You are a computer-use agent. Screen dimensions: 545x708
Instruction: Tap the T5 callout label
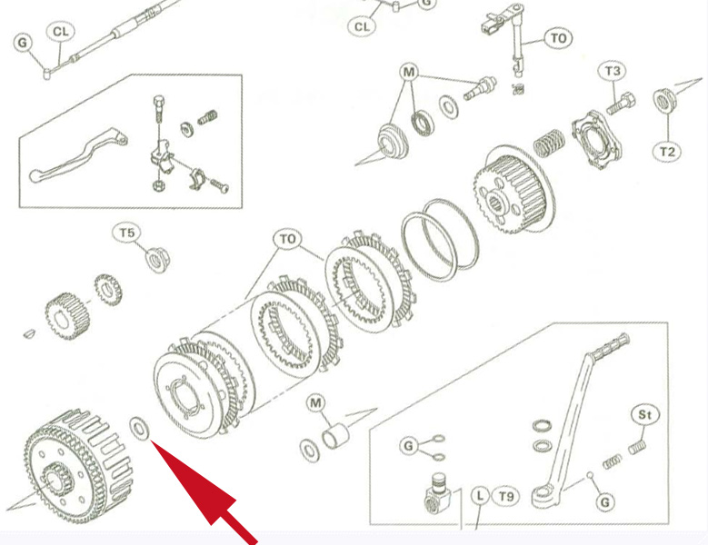tap(128, 233)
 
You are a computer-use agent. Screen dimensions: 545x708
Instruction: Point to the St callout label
tap(645, 415)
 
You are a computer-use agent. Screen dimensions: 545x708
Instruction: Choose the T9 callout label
tap(506, 496)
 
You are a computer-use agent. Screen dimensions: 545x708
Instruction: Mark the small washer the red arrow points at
tap(141, 427)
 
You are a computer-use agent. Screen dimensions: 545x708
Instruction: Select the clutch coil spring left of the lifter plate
tap(548, 144)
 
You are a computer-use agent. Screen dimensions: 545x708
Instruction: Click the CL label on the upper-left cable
tap(60, 33)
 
